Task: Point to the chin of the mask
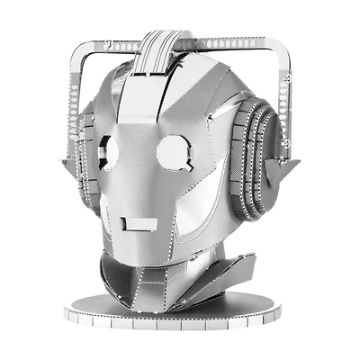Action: (x=139, y=256)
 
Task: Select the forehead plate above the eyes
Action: (x=148, y=103)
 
